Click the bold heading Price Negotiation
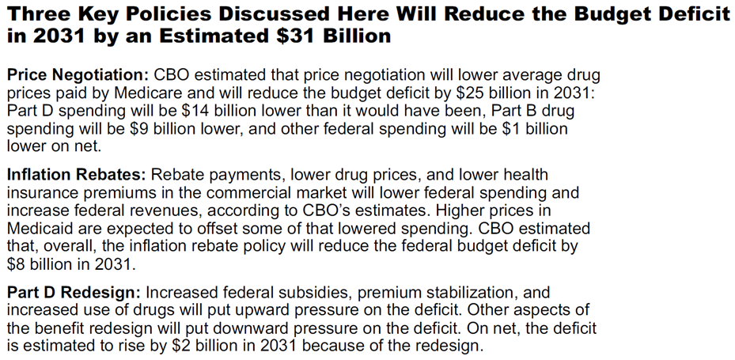point(78,75)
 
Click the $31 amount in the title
point(335,36)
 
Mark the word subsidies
point(309,294)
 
